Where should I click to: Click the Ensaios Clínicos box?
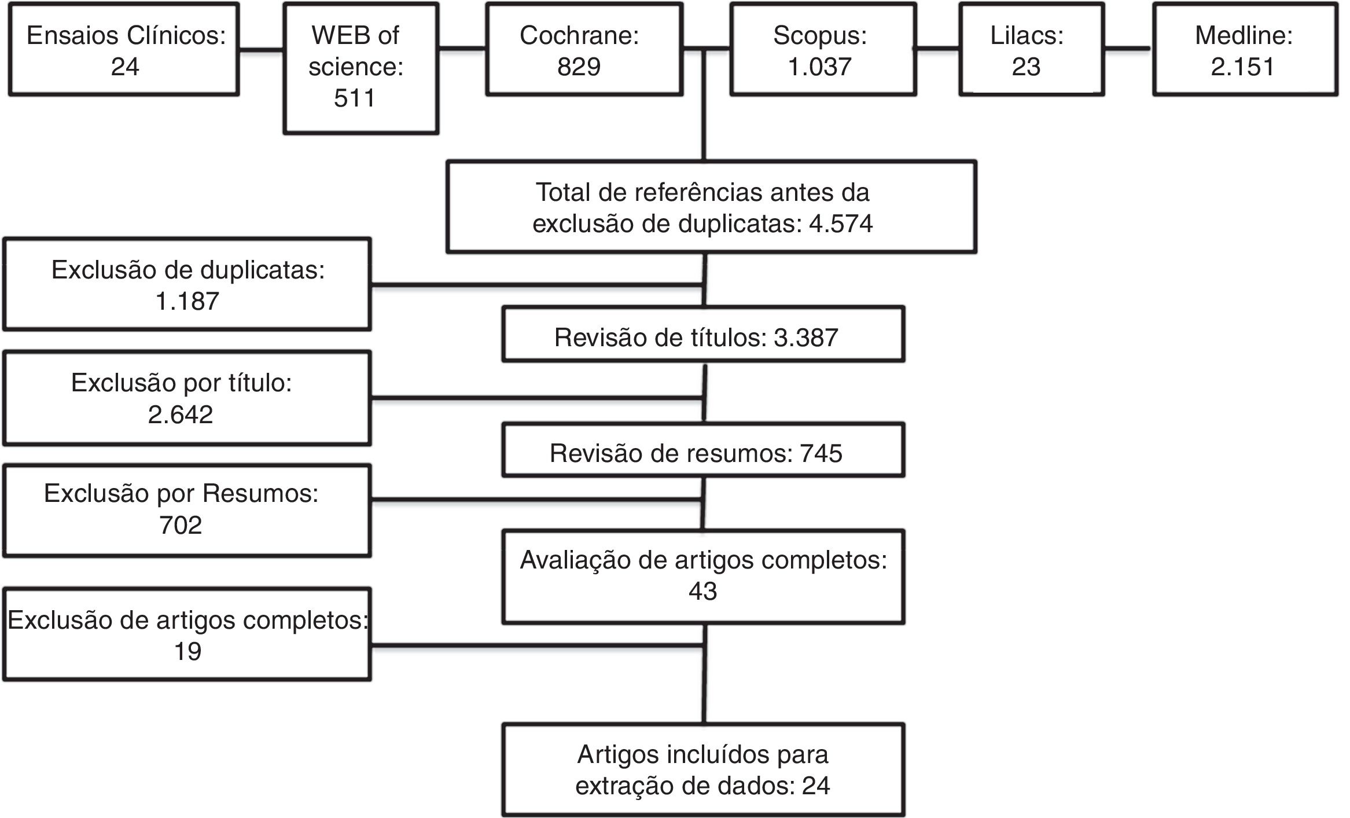[124, 49]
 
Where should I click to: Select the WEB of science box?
[361, 68]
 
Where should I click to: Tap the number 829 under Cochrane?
[579, 67]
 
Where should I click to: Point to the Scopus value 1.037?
[819, 67]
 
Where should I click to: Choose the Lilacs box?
[1031, 49]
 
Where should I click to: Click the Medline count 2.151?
[1242, 67]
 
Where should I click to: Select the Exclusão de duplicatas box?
[187, 284]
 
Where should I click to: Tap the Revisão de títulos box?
[702, 335]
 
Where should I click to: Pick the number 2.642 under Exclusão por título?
[181, 414]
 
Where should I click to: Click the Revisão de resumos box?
[702, 450]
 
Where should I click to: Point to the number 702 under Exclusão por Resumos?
[181, 525]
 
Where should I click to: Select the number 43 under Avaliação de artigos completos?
[702, 591]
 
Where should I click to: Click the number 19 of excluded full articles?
[187, 651]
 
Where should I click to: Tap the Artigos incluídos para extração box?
[702, 770]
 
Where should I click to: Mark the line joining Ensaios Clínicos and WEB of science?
[261, 50]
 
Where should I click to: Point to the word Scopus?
[819, 35]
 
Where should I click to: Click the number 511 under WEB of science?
[354, 98]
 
